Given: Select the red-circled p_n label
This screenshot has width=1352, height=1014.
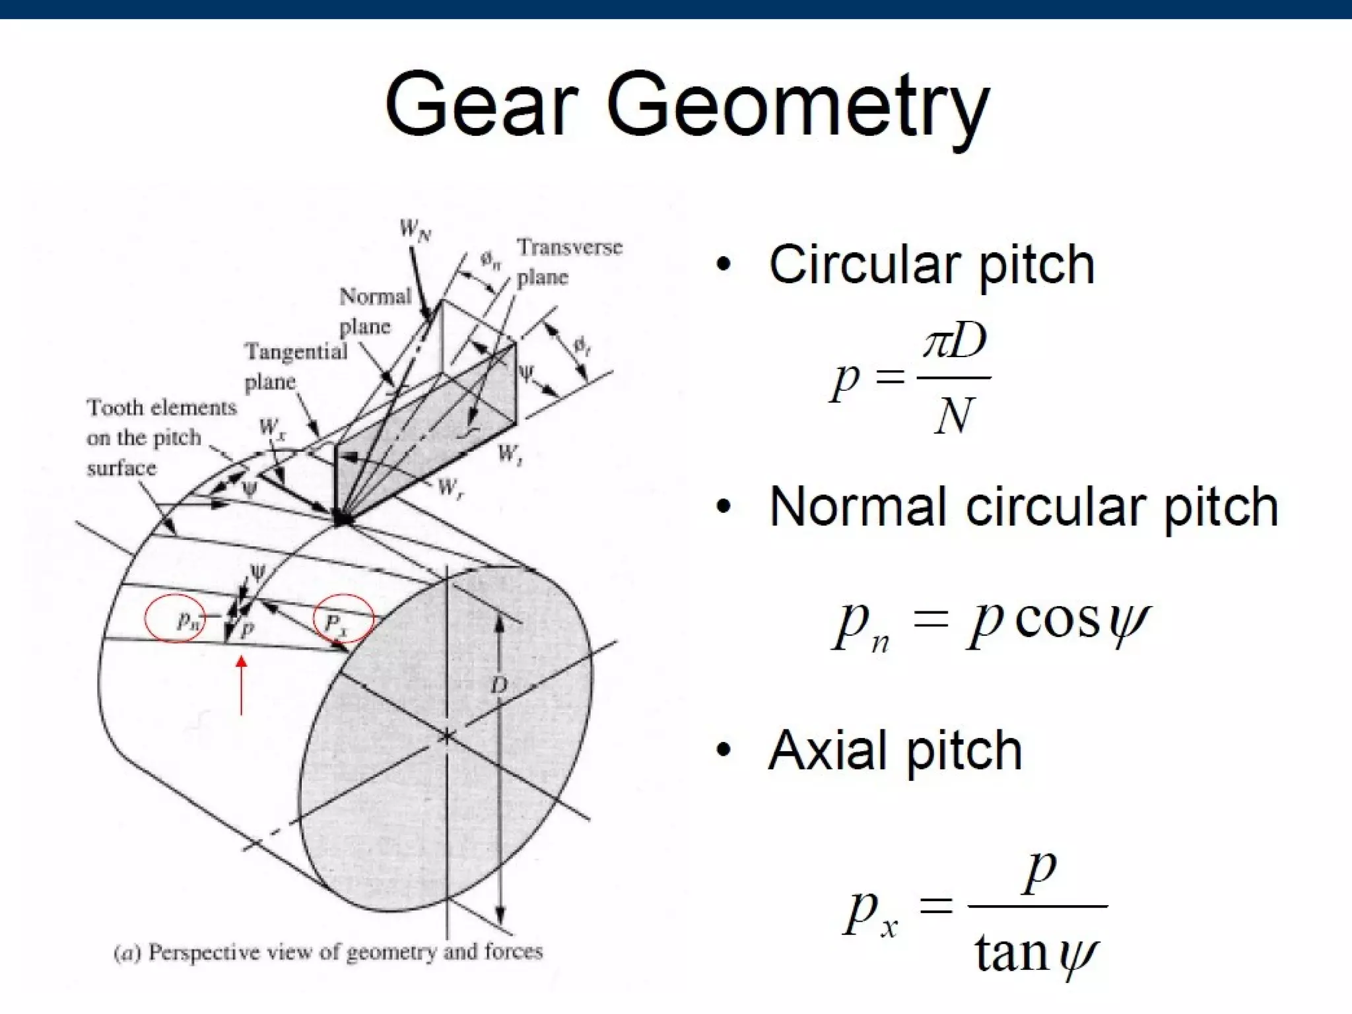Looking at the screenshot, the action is click(187, 620).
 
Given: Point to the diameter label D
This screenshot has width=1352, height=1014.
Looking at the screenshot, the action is click(499, 685).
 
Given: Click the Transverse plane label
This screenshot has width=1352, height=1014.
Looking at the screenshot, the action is click(569, 261).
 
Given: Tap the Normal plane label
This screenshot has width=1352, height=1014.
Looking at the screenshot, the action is click(374, 311).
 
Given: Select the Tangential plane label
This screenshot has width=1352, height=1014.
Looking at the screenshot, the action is click(295, 366).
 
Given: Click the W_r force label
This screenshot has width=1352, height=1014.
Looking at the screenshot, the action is click(450, 489).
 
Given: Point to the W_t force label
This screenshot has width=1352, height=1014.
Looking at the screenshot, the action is click(510, 454).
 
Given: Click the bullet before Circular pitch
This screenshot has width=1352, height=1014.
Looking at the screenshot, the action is click(724, 264).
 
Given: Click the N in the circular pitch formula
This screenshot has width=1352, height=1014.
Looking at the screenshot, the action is click(955, 416).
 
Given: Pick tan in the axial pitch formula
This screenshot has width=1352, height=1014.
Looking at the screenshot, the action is click(1011, 953).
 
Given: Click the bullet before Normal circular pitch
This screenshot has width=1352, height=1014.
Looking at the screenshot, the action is click(724, 507).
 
